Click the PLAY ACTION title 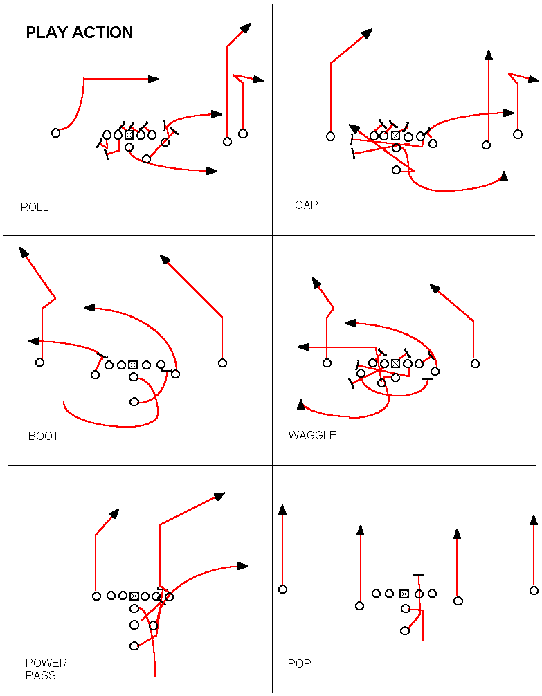point(79,33)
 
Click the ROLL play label point(35,207)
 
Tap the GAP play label point(306,205)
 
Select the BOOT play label point(44,436)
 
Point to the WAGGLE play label point(312,435)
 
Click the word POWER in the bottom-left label point(46,663)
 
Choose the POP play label point(299,663)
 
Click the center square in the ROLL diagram point(129,135)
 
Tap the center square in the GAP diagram point(396,136)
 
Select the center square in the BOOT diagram point(134,365)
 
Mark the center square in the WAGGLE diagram point(396,363)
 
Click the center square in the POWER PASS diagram point(134,596)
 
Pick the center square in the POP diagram point(404,594)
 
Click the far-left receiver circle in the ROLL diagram point(56,133)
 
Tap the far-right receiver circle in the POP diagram point(534,591)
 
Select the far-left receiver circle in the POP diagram point(282,589)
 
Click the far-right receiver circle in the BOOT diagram point(222,363)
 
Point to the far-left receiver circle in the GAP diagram point(331,136)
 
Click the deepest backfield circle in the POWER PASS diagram point(134,645)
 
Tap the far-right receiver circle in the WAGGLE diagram point(475,363)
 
